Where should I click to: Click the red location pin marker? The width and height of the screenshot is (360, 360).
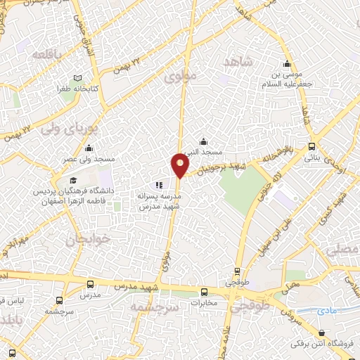pyautogui.click(x=180, y=166)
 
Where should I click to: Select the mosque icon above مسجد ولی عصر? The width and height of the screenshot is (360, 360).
pyautogui.click(x=89, y=149)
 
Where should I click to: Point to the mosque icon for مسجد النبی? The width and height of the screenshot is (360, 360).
pyautogui.click(x=203, y=141)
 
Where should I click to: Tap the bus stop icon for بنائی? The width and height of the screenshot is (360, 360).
pyautogui.click(x=312, y=147)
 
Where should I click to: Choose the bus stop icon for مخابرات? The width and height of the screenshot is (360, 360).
pyautogui.click(x=205, y=292)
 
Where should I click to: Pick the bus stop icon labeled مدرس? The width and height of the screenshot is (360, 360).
pyautogui.click(x=91, y=285)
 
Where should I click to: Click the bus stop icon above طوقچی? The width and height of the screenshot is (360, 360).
pyautogui.click(x=237, y=270)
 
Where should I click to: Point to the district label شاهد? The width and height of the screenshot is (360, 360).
pyautogui.click(x=237, y=63)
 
